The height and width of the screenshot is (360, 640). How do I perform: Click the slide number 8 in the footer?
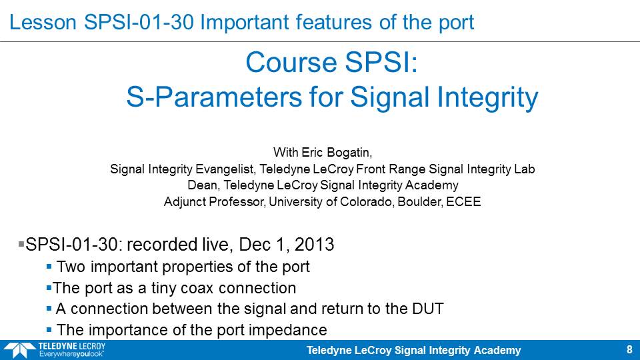629,350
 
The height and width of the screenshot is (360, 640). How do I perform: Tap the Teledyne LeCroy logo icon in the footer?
19,351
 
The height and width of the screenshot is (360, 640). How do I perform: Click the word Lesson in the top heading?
43,22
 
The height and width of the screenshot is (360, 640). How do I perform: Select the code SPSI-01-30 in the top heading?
139,22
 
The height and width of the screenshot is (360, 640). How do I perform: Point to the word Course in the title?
291,63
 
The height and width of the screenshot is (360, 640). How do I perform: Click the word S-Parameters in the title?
215,97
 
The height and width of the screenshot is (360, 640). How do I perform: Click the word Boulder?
420,201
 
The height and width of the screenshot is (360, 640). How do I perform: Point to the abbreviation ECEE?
464,201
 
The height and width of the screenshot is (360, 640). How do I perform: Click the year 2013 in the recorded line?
314,245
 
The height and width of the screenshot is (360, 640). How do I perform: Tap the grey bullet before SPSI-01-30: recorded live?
21,245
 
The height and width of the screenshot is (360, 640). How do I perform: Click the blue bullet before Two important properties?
49,267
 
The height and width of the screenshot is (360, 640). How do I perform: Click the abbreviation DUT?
428,309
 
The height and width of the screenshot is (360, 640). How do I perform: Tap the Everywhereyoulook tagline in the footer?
71,354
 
